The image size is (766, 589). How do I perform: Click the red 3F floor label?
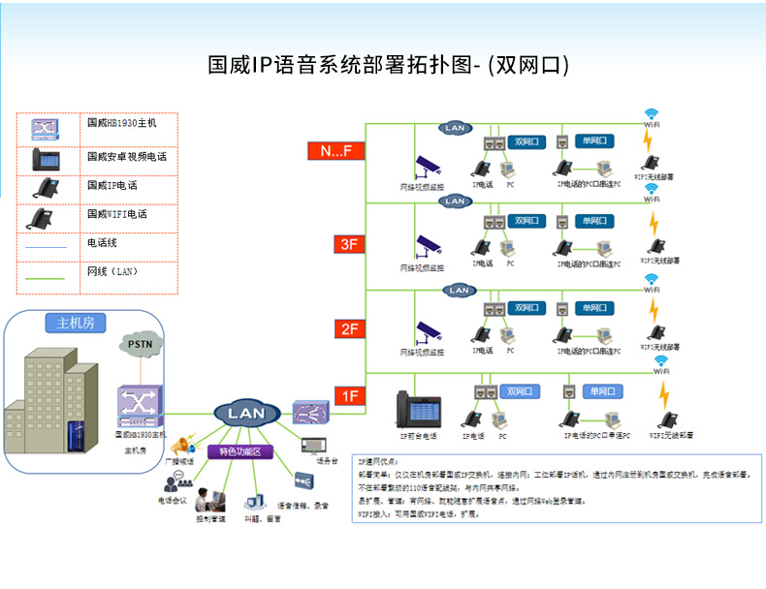point(349,245)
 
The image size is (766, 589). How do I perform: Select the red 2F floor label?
point(349,329)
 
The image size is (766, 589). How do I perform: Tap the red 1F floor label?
point(349,395)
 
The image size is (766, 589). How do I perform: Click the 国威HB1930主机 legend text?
point(121,124)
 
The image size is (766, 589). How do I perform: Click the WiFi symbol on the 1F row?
point(661,365)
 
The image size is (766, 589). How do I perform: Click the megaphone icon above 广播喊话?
point(180,447)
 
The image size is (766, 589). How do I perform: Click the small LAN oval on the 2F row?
point(459,290)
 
